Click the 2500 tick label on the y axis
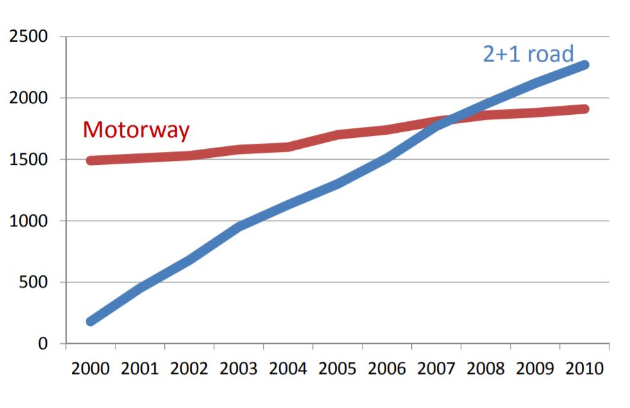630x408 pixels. point(30,37)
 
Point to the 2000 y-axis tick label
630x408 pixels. point(30,98)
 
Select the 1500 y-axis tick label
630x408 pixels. point(30,160)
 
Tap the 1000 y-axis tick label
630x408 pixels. point(30,221)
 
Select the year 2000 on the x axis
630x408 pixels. point(90,370)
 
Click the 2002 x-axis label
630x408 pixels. point(189,370)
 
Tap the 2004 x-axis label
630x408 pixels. point(288,370)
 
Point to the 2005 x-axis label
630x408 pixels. point(337,370)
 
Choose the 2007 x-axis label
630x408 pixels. point(436,370)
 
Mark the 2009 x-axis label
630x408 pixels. point(535,370)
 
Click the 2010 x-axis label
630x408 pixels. point(584,370)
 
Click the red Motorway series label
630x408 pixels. point(136,130)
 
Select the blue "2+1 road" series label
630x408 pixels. point(528,55)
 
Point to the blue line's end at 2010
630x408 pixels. point(584,65)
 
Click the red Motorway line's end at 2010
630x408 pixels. point(584,109)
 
